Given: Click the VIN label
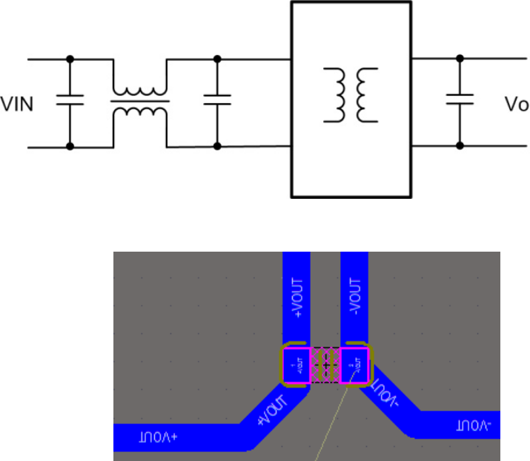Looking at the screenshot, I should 17,103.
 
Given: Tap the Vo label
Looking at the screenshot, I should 517,104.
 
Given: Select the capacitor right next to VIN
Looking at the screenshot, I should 70,102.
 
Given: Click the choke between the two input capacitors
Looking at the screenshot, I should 139,102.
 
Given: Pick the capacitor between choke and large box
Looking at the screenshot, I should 217,102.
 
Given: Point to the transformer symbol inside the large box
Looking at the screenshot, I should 349,95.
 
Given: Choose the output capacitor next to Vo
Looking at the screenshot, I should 460,100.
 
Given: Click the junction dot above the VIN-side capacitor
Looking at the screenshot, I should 70,58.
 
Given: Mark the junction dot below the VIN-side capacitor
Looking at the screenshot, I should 70,146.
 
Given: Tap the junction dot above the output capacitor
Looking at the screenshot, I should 460,57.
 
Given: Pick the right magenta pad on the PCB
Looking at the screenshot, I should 354,365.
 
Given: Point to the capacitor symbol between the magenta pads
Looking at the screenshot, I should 325,365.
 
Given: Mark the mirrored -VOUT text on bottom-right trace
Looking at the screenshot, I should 474,426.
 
